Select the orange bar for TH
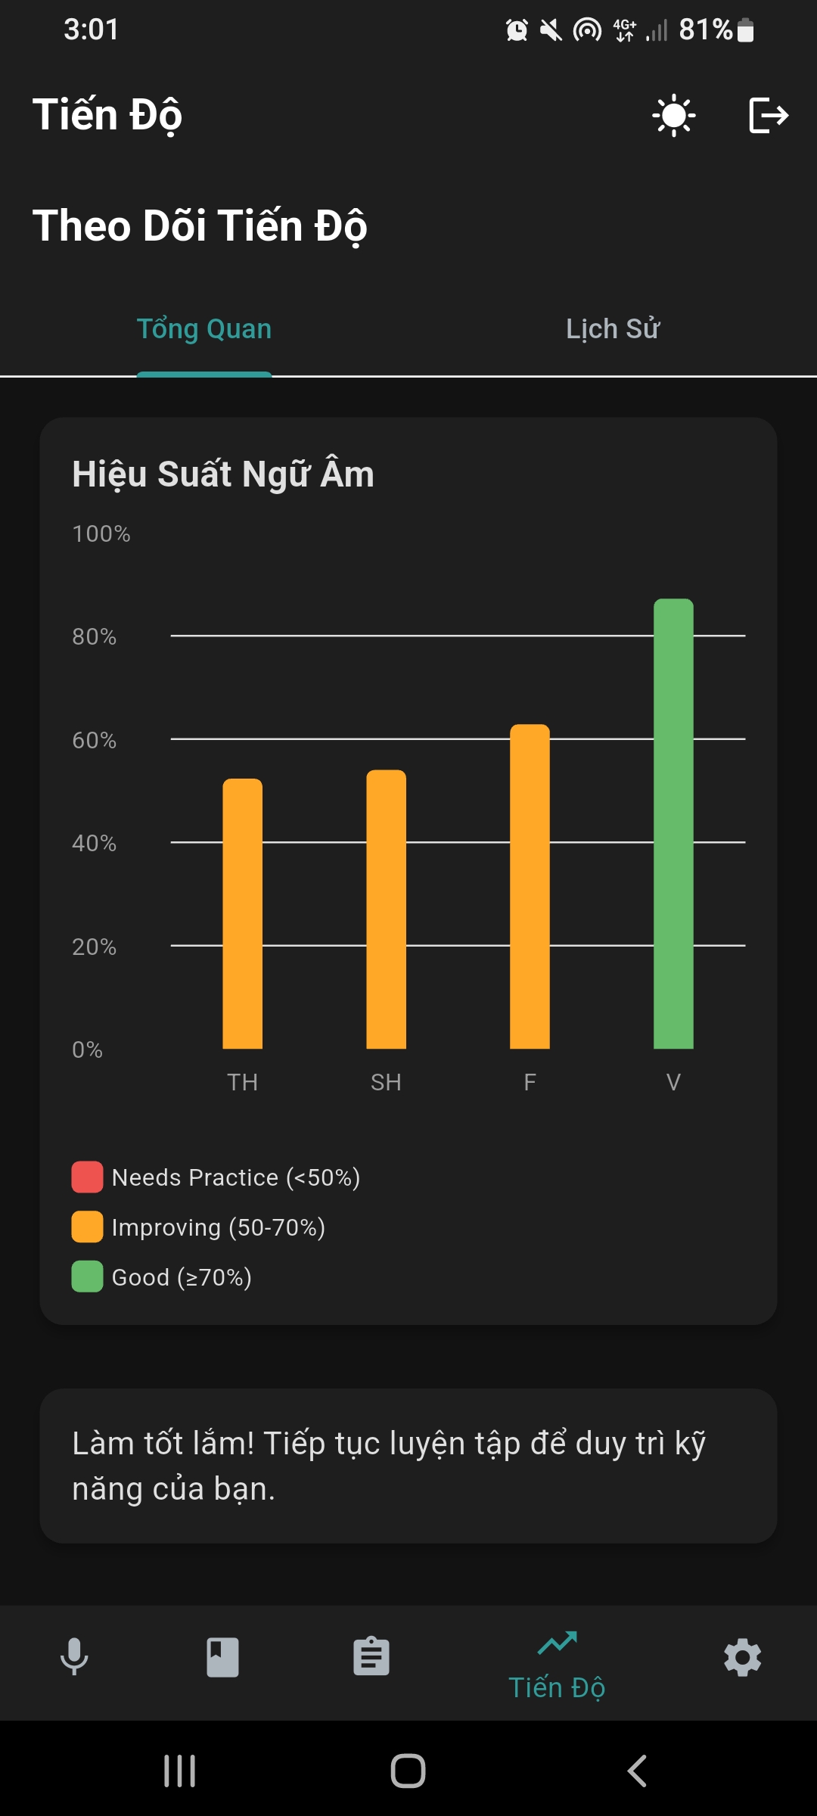pyautogui.click(x=242, y=913)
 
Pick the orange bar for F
pyautogui.click(x=530, y=886)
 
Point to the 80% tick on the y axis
pyautogui.click(x=95, y=636)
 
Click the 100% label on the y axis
pyautogui.click(x=101, y=533)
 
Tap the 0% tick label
pyautogui.click(x=87, y=1049)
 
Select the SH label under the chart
pyautogui.click(x=386, y=1082)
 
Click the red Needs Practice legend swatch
pyautogui.click(x=87, y=1177)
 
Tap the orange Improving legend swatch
pyautogui.click(x=87, y=1227)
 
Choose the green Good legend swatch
pyautogui.click(x=87, y=1276)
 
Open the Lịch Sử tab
pyautogui.click(x=613, y=329)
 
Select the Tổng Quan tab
pyautogui.click(x=204, y=329)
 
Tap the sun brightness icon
pyautogui.click(x=673, y=116)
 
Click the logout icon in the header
pyautogui.click(x=768, y=116)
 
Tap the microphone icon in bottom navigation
pyautogui.click(x=74, y=1657)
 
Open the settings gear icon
pyautogui.click(x=742, y=1657)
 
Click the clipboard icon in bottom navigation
pyautogui.click(x=371, y=1657)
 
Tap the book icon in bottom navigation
pyautogui.click(x=223, y=1657)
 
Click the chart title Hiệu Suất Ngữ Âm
pyautogui.click(x=223, y=474)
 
